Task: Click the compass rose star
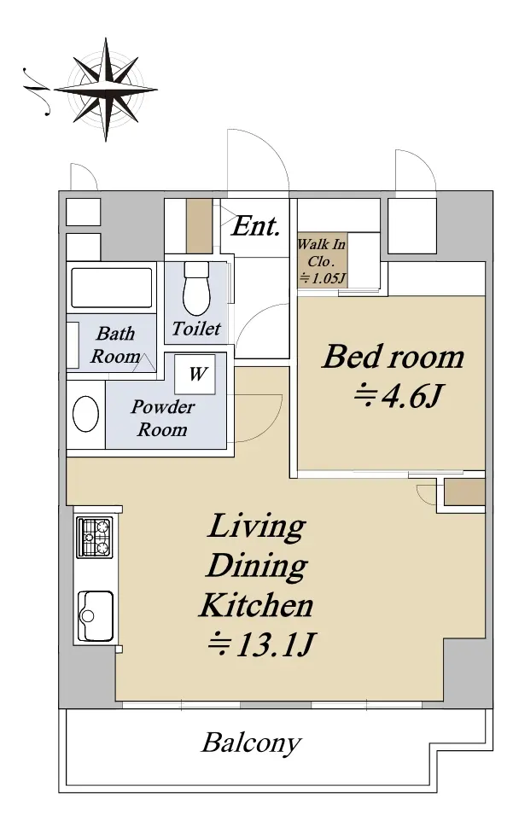tap(106, 89)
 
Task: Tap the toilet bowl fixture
tap(196, 288)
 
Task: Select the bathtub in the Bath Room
tap(111, 288)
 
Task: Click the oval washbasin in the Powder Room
tap(86, 414)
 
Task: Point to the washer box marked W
tap(196, 374)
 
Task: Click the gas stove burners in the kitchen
tap(95, 537)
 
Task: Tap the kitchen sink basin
tap(96, 615)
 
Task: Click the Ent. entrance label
tap(255, 227)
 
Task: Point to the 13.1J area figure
tap(261, 644)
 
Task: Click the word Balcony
tap(252, 743)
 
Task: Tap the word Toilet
tap(196, 329)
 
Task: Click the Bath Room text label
tap(115, 345)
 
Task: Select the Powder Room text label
tap(162, 418)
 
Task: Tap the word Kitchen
tap(257, 605)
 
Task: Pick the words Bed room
tap(393, 357)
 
